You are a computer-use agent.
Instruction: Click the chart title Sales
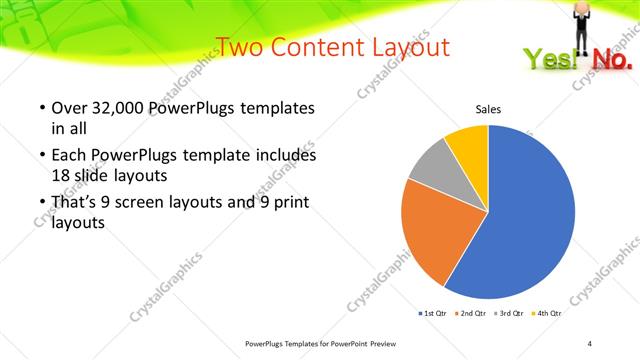[x=487, y=109]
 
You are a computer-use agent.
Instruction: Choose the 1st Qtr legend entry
[x=433, y=314]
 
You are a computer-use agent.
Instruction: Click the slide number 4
[x=590, y=344]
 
